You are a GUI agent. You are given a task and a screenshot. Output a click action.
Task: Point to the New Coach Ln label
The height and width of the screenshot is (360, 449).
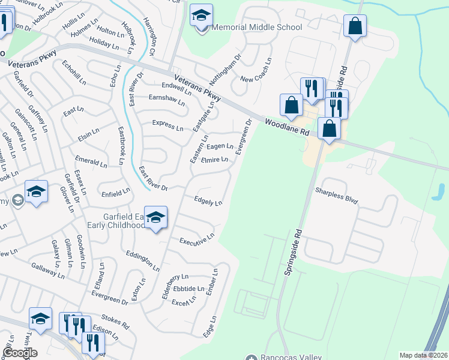point(256,71)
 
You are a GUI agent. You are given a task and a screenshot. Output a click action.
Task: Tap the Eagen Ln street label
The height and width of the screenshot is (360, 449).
point(220,146)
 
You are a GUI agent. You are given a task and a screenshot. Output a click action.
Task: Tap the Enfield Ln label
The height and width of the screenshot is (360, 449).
point(116,193)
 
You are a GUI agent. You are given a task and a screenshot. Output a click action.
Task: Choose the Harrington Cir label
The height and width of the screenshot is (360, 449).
point(149,37)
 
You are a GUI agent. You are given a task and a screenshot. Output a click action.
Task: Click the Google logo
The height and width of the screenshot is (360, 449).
point(20,353)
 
